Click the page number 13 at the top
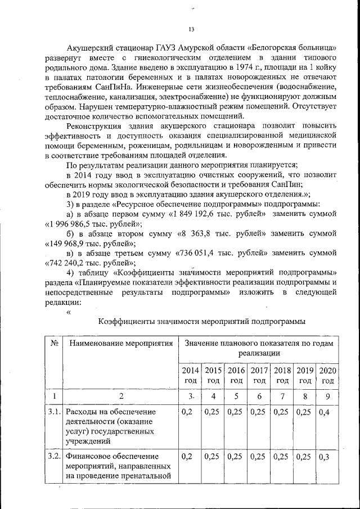click(191, 29)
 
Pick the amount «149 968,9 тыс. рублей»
click(89, 244)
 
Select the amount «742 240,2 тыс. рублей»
click(89, 263)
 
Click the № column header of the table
click(55, 343)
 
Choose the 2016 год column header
click(236, 375)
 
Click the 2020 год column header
click(327, 375)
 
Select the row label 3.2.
click(55, 456)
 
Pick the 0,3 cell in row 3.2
click(325, 456)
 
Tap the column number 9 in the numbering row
click(327, 396)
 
